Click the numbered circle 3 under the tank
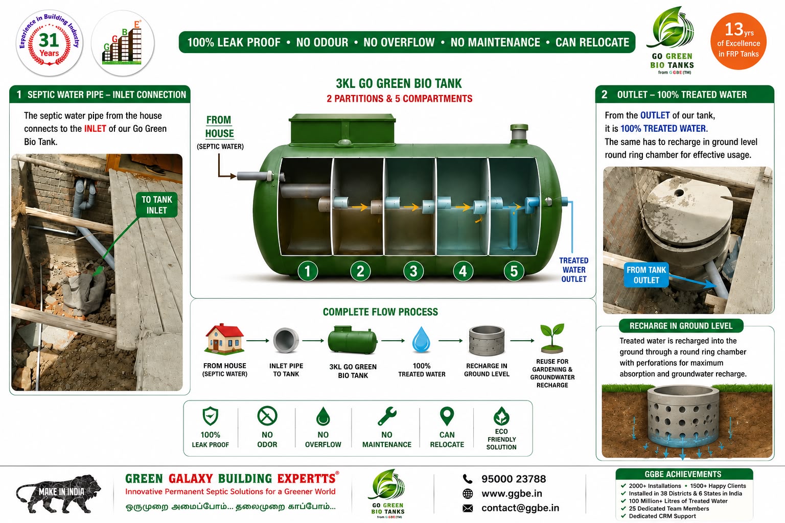[413, 271]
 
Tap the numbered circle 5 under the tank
[514, 271]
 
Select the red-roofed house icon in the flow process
[224, 339]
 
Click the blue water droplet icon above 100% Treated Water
[421, 339]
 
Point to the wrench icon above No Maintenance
[387, 416]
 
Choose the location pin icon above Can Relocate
[447, 416]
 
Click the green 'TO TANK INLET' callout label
[157, 205]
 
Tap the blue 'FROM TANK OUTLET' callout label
[646, 275]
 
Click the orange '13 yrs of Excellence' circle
[738, 41]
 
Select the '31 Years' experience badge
[50, 43]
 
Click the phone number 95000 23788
[514, 479]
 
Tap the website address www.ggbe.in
[512, 493]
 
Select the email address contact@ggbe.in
[520, 508]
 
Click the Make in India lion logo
[58, 493]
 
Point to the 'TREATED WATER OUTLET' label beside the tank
[574, 270]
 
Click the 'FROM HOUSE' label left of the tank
[220, 127]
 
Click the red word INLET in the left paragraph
[95, 129]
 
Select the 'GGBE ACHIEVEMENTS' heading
[683, 474]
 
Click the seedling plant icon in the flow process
[552, 338]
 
